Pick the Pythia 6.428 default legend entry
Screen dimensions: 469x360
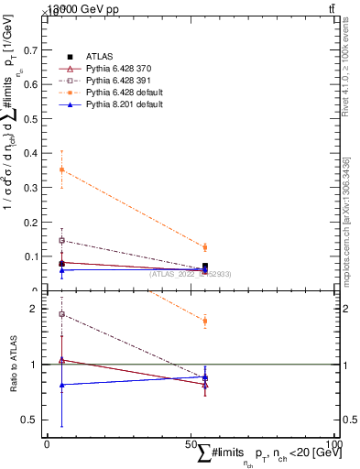tap(116, 93)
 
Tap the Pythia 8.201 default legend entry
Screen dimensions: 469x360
tap(116, 105)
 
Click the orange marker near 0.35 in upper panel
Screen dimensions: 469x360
tap(61, 169)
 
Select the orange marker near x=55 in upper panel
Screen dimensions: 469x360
tap(204, 247)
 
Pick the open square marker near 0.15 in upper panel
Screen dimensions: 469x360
tap(61, 240)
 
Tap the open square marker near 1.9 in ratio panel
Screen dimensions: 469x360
tap(61, 314)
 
